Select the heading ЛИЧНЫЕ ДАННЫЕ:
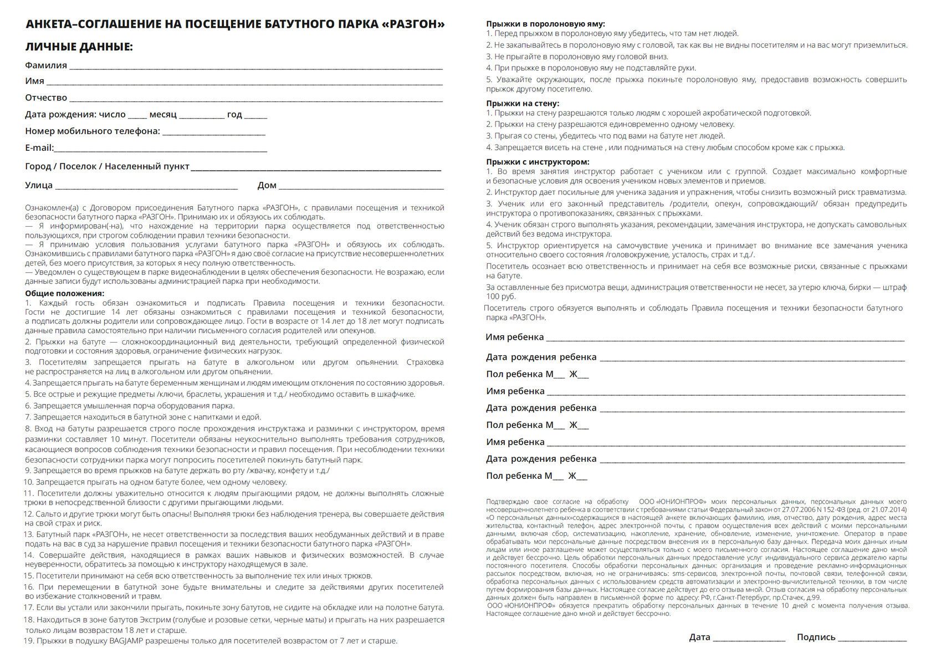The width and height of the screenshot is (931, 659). point(79,47)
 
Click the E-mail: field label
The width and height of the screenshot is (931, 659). point(39,147)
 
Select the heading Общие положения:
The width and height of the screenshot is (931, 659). point(64,293)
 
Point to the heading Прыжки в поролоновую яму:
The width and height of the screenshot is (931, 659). point(545,24)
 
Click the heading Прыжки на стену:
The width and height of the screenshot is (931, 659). point(523,103)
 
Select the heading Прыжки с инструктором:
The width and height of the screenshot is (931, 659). point(538,162)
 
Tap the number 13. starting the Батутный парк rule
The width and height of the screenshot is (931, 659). point(29,534)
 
